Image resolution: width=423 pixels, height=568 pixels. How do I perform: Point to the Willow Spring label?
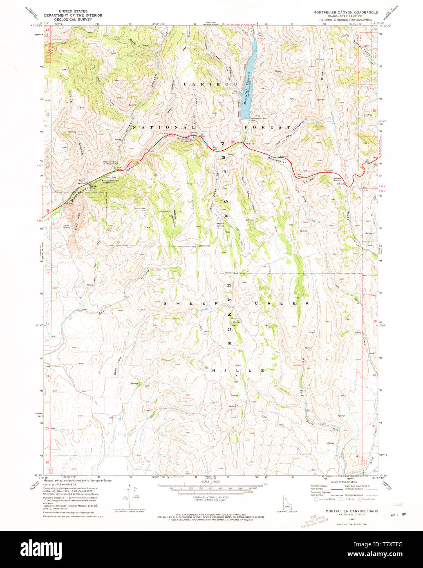pyautogui.click(x=220, y=224)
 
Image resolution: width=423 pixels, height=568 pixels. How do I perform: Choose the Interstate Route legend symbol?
pyautogui.click(x=316, y=499)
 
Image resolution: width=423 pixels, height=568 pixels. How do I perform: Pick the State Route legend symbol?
pyautogui.click(x=360, y=499)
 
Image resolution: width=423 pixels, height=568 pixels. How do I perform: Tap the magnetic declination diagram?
pyautogui.click(x=128, y=496)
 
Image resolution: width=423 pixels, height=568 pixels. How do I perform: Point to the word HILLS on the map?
pyautogui.click(x=238, y=370)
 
